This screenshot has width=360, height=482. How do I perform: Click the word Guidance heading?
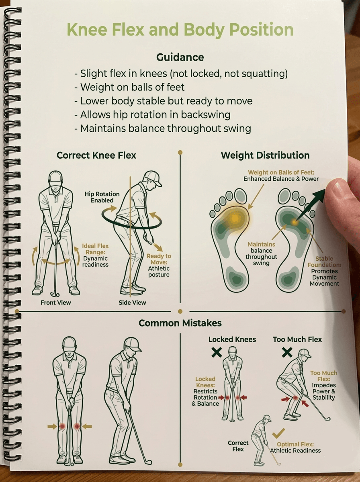click(180, 57)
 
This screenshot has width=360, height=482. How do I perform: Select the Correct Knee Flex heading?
click(96, 155)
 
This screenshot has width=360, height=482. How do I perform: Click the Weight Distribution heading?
click(265, 155)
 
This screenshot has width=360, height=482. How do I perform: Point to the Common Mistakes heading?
click(180, 323)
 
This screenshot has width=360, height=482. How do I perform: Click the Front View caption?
click(56, 302)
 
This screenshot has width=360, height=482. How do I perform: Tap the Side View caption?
click(132, 302)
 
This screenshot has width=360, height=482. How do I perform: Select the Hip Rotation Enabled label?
click(102, 197)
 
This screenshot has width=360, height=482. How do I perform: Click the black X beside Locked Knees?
click(217, 352)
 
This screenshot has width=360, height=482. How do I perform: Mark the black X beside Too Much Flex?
click(287, 352)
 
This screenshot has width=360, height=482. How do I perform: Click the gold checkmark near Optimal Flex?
click(278, 433)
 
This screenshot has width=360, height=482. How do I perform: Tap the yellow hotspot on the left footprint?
click(235, 218)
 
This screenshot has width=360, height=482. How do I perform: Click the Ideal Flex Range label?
click(95, 249)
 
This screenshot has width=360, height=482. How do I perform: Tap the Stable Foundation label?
click(324, 262)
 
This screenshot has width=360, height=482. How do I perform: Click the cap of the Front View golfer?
click(55, 177)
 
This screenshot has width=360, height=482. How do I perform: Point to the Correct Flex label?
click(238, 446)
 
